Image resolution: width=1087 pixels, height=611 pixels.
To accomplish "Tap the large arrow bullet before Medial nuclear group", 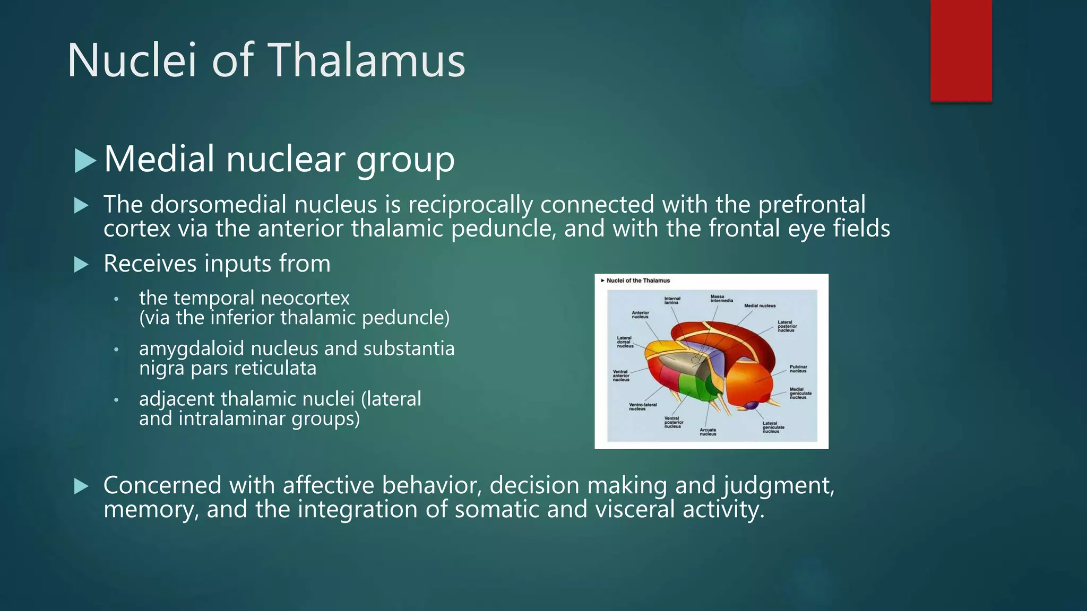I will [85, 160].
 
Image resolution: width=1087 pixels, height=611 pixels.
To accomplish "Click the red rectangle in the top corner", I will [961, 50].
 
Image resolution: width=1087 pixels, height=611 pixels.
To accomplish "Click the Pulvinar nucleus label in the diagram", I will [798, 369].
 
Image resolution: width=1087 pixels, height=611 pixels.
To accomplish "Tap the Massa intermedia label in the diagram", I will [721, 299].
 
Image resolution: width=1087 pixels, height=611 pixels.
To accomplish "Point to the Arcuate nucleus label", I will [708, 432].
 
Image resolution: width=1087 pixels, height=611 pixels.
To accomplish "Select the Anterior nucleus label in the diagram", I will [640, 315].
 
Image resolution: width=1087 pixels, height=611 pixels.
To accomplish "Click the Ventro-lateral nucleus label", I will [642, 406].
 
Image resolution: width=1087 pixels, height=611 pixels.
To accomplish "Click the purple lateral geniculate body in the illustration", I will [751, 406].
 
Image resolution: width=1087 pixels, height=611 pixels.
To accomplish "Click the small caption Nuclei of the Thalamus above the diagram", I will [637, 281].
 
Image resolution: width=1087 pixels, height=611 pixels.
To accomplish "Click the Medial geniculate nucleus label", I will [800, 393].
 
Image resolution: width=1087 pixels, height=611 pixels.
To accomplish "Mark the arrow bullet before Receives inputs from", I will [81, 264].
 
